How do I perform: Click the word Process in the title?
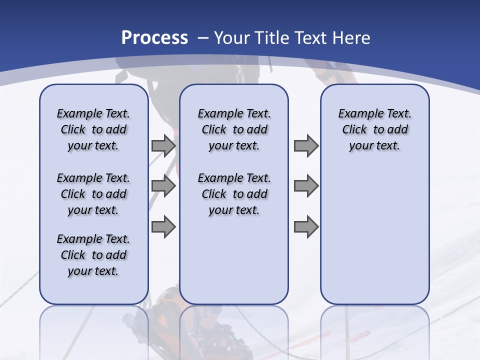coord(154,37)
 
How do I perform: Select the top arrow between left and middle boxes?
coord(163,145)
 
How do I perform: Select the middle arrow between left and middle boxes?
coord(163,186)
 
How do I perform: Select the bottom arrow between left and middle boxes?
coord(163,226)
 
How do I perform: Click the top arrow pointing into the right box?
coord(306,145)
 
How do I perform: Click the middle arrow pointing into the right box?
coord(306,186)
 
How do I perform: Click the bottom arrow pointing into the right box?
coord(306,226)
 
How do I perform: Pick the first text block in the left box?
coord(93,129)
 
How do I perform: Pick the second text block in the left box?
coord(93,194)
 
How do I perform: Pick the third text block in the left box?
coord(93,255)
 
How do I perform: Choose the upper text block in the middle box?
coord(234,129)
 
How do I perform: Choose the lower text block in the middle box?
coord(234,194)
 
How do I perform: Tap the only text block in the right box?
coord(374,129)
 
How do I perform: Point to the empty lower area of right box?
coord(374,235)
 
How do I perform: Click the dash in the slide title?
coord(203,37)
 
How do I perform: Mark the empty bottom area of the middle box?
coord(234,265)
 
